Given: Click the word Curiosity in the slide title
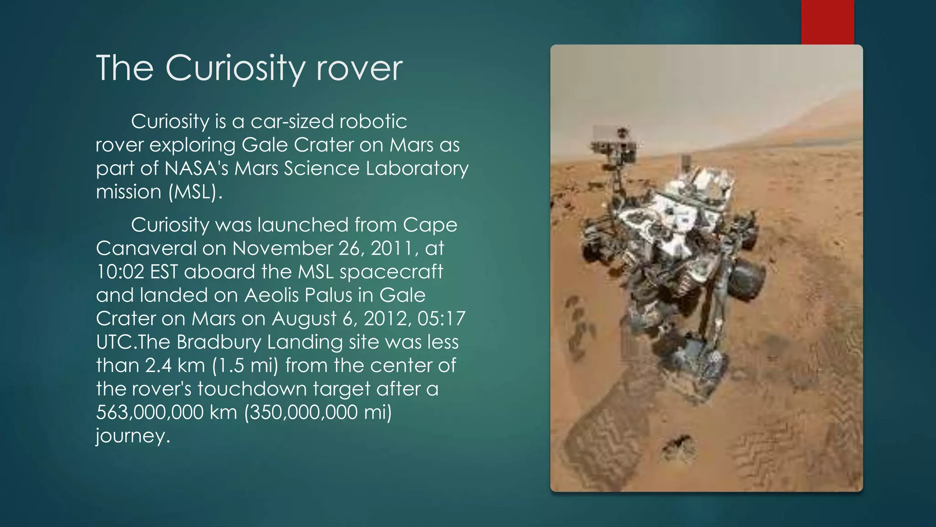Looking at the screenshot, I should (x=234, y=69).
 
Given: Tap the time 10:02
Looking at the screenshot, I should (x=120, y=272).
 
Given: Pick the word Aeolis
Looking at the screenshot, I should (x=271, y=295).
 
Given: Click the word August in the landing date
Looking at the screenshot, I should (x=304, y=319).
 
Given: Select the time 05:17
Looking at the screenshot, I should (x=441, y=319).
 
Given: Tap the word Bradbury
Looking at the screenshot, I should (x=218, y=342).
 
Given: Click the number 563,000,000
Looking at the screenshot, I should (x=149, y=412).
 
